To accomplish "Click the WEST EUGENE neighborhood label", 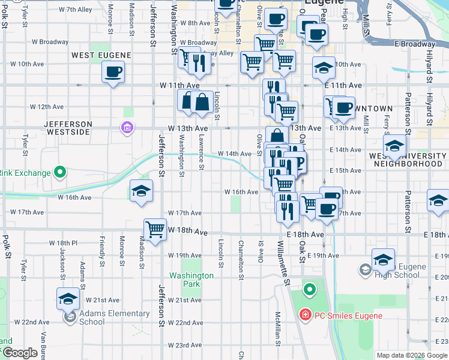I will pos(101,55).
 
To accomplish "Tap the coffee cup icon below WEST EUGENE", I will pos(113,73).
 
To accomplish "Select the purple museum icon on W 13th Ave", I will pos(127,127).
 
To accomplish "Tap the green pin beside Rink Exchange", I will pos(59,173).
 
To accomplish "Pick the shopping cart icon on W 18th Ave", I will pos(155,229).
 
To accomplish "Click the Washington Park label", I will pos(191,280).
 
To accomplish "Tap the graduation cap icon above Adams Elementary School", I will pos(68,298).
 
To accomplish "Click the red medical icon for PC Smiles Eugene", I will pos(305,315).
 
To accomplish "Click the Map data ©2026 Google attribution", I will pos(412,355).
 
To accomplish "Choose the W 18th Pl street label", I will pos(64,243).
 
